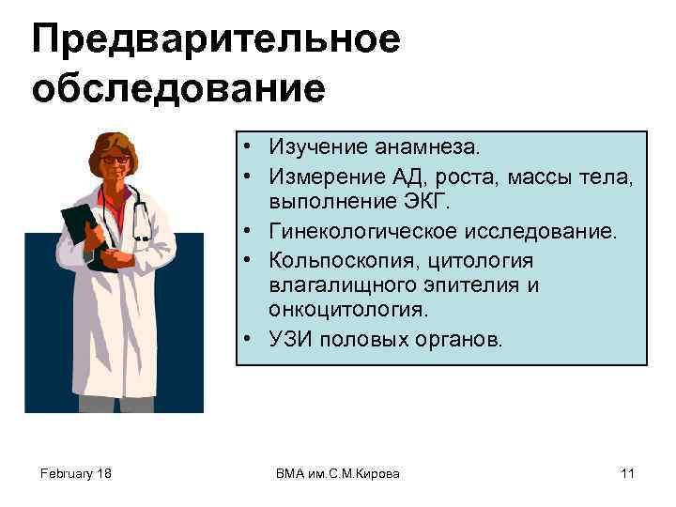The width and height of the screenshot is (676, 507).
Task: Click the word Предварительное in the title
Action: pyautogui.click(x=216, y=39)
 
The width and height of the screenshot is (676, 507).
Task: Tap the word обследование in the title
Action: pyautogui.click(x=178, y=89)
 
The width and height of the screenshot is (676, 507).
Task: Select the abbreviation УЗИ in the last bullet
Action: pyautogui.click(x=291, y=339)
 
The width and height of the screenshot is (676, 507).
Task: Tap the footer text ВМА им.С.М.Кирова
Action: pyautogui.click(x=338, y=473)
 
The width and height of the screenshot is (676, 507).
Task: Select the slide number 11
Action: pyautogui.click(x=627, y=473)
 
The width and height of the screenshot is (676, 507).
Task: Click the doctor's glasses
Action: pyautogui.click(x=115, y=161)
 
